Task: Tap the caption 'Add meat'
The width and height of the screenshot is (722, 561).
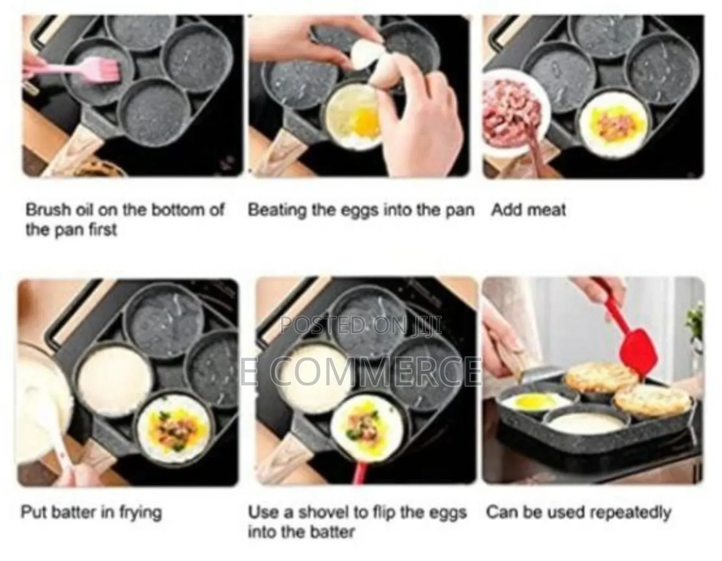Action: [x=528, y=210]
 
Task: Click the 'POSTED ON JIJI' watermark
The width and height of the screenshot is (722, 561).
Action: [x=361, y=325]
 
